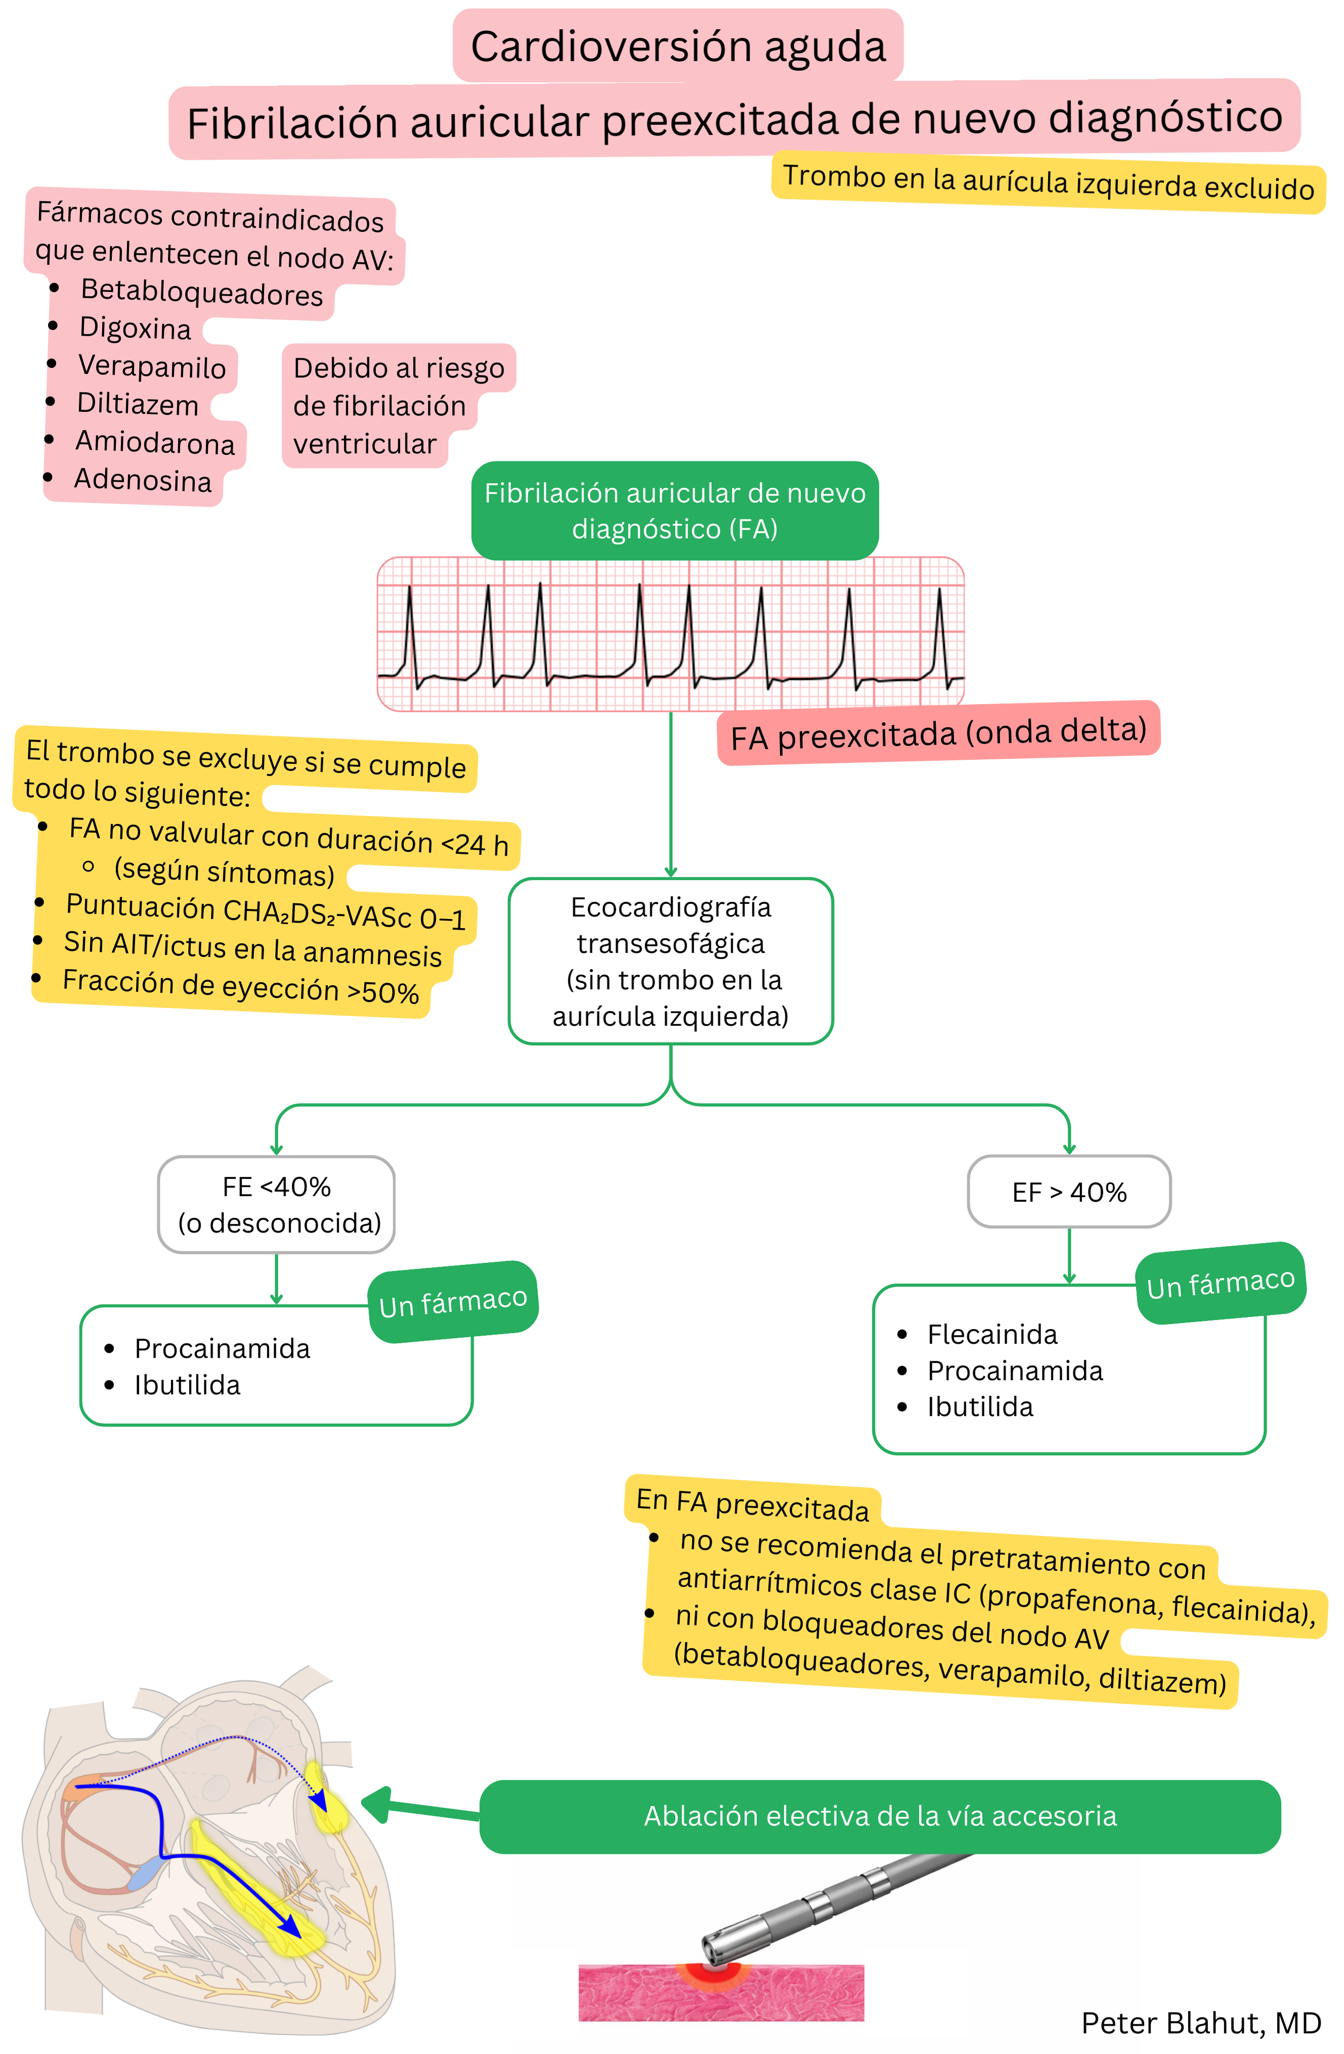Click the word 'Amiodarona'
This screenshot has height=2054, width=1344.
155,442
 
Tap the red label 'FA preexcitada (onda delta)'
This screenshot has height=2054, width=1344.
938,733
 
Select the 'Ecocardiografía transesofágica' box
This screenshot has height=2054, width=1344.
670,960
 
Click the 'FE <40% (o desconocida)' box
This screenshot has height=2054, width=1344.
276,1204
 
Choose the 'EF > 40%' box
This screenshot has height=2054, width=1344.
1069,1192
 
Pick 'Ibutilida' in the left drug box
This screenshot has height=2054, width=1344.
187,1385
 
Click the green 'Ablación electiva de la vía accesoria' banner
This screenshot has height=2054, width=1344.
879,1816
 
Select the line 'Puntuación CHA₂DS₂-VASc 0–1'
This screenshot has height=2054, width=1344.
266,912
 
